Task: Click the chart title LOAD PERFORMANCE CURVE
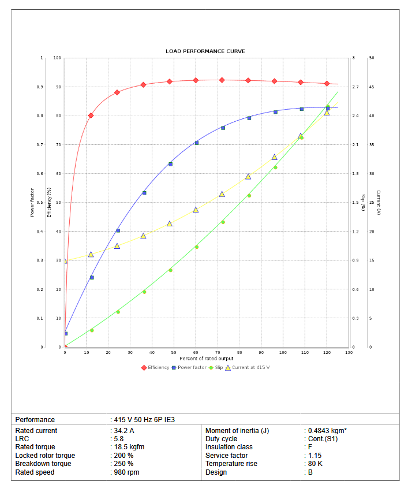(x=205, y=51)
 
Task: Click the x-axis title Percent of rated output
(x=205, y=358)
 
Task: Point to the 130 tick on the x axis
(x=349, y=352)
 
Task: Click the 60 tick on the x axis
(x=196, y=352)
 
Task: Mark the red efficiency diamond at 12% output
(x=91, y=115)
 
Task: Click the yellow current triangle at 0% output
(x=65, y=261)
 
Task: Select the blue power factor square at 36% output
(x=144, y=193)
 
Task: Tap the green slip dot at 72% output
(x=223, y=222)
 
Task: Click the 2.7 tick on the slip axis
(x=355, y=87)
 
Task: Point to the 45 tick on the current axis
(x=372, y=87)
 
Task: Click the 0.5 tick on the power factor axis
(x=40, y=203)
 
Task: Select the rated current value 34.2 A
(x=123, y=431)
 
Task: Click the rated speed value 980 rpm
(x=126, y=472)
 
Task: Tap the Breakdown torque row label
(x=43, y=464)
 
